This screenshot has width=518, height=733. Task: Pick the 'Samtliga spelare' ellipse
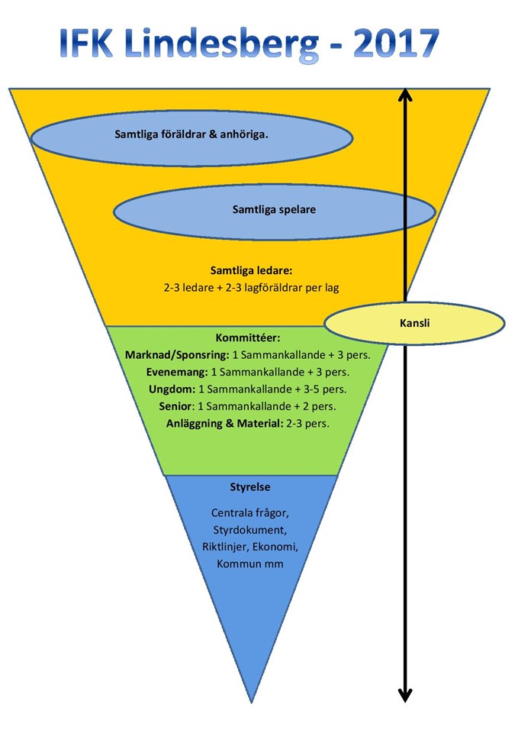[273, 208]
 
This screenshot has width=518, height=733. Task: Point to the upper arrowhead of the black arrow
[405, 95]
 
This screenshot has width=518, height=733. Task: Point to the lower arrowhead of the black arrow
[405, 695]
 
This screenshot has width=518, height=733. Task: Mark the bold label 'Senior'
[175, 405]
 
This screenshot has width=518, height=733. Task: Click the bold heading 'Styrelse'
[250, 486]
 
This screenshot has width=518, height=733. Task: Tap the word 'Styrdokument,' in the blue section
[250, 529]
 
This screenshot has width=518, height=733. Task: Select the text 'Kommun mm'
[250, 563]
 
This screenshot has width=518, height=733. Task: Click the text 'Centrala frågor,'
[250, 512]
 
